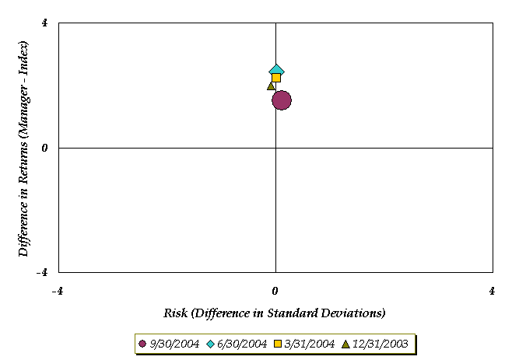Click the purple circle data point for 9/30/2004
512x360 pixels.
pyautogui.click(x=282, y=100)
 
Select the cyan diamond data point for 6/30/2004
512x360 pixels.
pyautogui.click(x=276, y=71)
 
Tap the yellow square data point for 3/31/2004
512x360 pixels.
pyautogui.click(x=276, y=78)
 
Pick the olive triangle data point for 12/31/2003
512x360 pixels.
pyautogui.click(x=271, y=86)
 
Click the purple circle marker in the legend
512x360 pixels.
pyautogui.click(x=142, y=344)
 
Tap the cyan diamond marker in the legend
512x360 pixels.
pyautogui.click(x=209, y=344)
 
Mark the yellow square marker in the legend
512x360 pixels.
pyautogui.click(x=276, y=344)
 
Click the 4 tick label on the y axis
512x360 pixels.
pyautogui.click(x=44, y=23)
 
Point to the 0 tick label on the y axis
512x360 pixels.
pyautogui.click(x=44, y=148)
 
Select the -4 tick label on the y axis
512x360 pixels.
pyautogui.click(x=42, y=272)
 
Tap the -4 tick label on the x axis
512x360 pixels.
pyautogui.click(x=57, y=291)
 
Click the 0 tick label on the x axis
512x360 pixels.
pyautogui.click(x=275, y=291)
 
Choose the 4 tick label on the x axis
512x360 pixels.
pyautogui.click(x=493, y=291)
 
